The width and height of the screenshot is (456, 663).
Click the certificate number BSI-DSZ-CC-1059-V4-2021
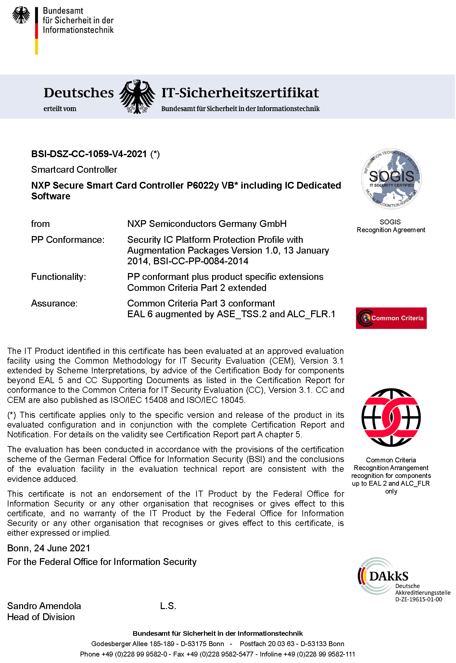89,154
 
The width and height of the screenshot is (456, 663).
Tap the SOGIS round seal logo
391,179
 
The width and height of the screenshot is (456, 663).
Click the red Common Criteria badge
391,318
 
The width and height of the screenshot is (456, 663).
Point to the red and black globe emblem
391,417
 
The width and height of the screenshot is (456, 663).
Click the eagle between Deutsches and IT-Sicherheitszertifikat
137,97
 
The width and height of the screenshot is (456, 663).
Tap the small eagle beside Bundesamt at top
21,15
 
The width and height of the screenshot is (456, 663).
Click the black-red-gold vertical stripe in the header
37,31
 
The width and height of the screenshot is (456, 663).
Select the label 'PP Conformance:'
68,240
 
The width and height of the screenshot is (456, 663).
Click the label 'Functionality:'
58,277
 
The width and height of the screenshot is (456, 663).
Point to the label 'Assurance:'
54,304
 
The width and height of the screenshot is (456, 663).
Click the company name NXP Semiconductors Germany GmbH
207,224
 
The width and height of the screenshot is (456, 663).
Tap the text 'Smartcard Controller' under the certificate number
74,170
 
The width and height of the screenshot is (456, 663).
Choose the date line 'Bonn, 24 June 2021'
49,548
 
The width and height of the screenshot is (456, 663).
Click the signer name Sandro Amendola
44,606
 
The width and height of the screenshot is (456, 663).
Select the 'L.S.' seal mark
168,606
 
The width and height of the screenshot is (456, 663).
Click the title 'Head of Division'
41,617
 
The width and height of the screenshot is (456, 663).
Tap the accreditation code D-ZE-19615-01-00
419,599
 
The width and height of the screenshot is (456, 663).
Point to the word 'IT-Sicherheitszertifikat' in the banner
240,93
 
